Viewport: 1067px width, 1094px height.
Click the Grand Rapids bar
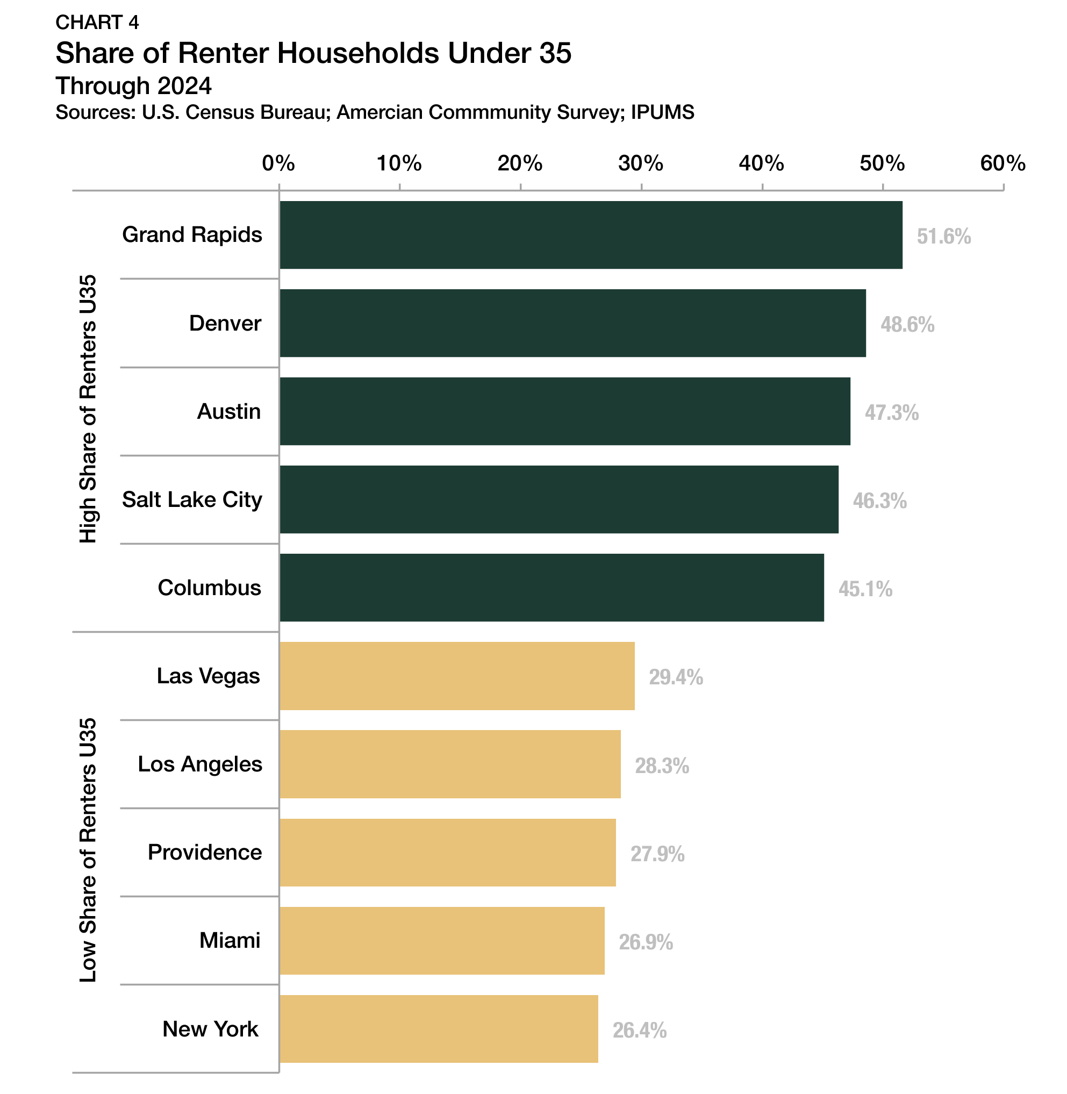click(591, 235)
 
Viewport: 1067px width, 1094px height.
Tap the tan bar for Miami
click(442, 940)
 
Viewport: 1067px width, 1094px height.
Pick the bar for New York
click(438, 1029)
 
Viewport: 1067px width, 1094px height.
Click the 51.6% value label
click(943, 237)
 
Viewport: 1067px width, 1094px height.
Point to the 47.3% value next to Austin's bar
click(891, 413)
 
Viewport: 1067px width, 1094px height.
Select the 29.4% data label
click(675, 677)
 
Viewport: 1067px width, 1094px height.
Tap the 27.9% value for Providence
click(657, 854)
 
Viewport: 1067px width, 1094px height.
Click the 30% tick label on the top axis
click(641, 163)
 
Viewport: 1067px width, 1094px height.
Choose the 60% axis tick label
click(1002, 163)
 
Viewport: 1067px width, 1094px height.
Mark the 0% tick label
click(278, 163)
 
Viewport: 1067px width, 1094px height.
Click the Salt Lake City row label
click(192, 499)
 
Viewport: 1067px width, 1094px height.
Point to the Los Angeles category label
click(200, 764)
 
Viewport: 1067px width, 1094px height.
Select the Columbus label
click(210, 588)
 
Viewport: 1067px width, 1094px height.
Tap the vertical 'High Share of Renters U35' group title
click(88, 409)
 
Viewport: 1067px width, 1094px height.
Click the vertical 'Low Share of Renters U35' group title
click(88, 850)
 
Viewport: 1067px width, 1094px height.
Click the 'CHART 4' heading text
click(97, 23)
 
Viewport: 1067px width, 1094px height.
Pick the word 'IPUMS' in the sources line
click(662, 113)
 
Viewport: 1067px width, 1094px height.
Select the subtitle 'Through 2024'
click(133, 86)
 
